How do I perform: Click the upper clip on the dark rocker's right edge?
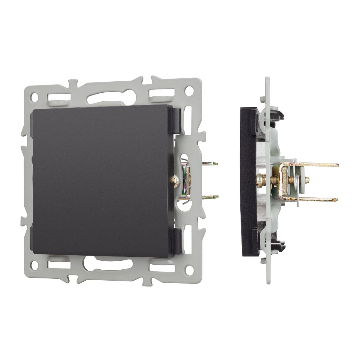pos(175,120)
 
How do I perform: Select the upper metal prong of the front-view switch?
pos(210,164)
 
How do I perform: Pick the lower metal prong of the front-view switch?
pos(210,197)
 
